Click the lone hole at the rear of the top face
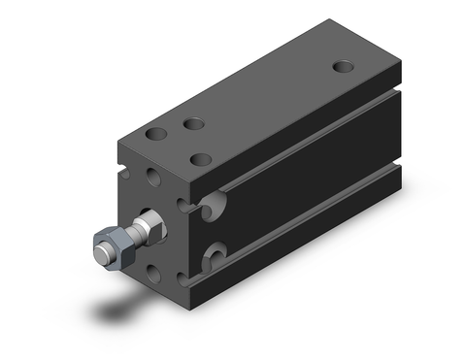point(343,67)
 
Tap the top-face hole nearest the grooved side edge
point(202,158)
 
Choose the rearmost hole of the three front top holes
point(194,123)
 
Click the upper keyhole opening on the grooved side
point(216,203)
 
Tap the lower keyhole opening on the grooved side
point(216,258)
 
